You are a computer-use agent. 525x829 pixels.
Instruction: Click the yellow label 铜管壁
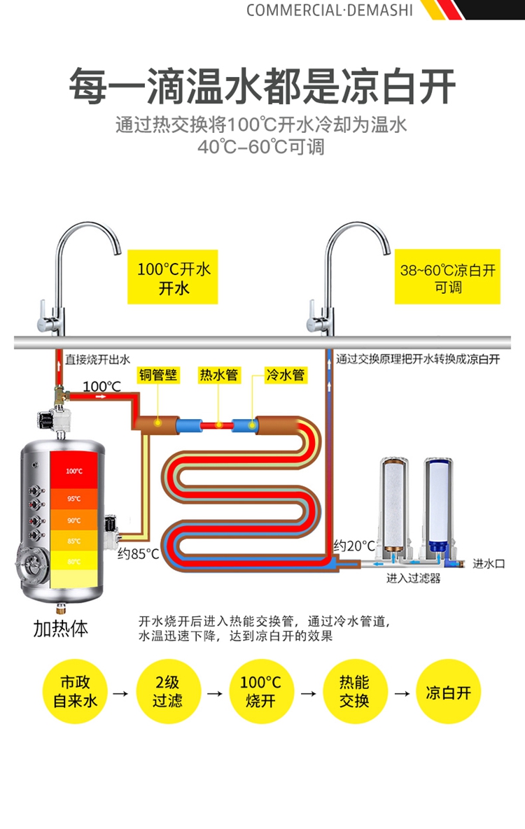(x=157, y=375)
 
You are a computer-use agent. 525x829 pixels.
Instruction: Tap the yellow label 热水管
(x=218, y=375)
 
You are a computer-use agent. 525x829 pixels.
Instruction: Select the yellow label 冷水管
(x=286, y=375)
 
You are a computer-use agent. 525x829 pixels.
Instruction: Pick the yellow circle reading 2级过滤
(x=168, y=691)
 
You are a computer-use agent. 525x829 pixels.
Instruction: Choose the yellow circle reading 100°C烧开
(x=261, y=691)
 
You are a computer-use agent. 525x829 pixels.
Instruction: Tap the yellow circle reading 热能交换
(x=354, y=691)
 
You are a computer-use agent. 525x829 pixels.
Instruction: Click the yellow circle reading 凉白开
(x=449, y=691)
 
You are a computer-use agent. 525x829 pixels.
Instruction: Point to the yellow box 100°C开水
(x=173, y=278)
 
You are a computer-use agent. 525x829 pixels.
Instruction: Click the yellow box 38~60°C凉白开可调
(x=448, y=278)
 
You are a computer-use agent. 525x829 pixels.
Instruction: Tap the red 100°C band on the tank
(x=74, y=471)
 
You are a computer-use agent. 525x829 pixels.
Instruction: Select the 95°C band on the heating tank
(x=74, y=498)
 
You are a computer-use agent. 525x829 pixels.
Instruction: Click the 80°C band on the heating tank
(x=74, y=561)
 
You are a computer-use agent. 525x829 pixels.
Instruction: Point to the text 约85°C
(x=139, y=554)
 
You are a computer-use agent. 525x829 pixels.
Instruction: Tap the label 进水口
(x=489, y=563)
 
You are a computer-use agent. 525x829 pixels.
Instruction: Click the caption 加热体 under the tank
(x=61, y=628)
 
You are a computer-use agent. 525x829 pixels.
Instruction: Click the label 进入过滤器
(x=414, y=579)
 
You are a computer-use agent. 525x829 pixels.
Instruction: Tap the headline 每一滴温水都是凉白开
(x=262, y=86)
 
